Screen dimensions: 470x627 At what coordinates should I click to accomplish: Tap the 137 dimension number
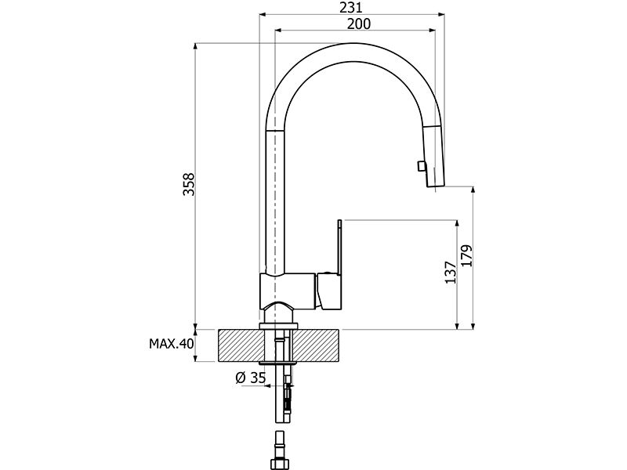click(x=450, y=273)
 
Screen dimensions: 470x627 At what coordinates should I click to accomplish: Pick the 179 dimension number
click(x=467, y=257)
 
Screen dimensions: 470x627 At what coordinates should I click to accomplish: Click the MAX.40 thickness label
click(x=171, y=343)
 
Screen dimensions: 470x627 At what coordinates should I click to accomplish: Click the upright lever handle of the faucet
click(x=339, y=247)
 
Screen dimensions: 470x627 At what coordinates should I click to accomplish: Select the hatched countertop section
click(x=313, y=345)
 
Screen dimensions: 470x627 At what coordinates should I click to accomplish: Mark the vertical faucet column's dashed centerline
click(x=277, y=196)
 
